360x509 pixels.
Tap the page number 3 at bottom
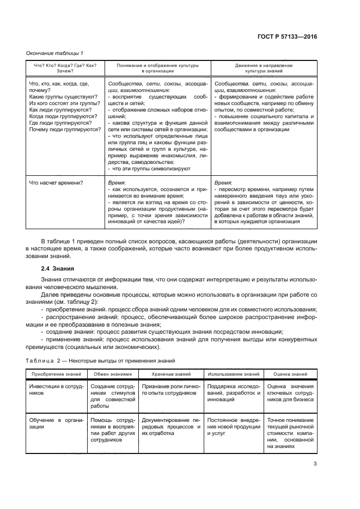coord(315,464)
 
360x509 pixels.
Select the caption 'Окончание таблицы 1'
coord(54,53)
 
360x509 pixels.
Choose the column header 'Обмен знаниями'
coord(113,375)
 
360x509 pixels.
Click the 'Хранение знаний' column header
coord(171,375)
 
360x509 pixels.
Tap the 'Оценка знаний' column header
coord(290,375)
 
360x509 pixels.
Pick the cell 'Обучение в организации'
coord(56,424)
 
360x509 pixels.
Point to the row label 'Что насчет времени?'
coord(56,182)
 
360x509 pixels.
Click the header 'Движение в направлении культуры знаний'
coord(264,68)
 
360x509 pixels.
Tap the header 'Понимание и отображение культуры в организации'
coord(157,68)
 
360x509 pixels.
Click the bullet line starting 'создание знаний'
coord(163,332)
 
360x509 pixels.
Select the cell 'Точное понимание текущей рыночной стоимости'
coord(290,433)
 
